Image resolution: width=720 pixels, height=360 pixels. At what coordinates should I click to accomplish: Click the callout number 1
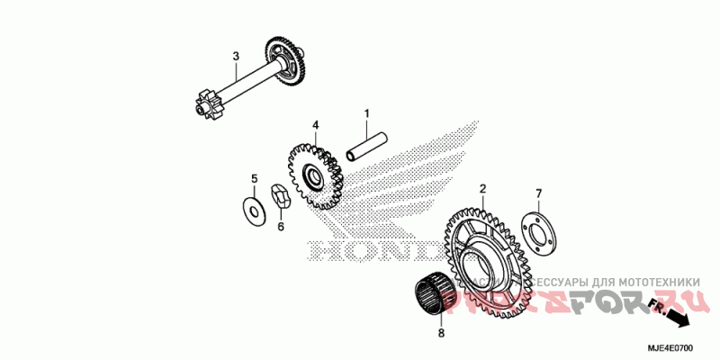[x=367, y=113]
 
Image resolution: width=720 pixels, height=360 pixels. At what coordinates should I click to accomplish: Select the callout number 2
[x=482, y=189]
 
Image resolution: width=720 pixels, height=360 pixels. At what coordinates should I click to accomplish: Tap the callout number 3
[x=236, y=57]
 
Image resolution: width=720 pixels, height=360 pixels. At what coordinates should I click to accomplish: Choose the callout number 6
[x=280, y=227]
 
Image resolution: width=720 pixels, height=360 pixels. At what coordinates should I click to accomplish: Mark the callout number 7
[x=539, y=193]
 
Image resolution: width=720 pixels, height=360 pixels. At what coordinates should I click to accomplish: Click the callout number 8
[x=440, y=334]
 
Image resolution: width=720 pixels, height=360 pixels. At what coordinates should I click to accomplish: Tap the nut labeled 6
[x=280, y=197]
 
